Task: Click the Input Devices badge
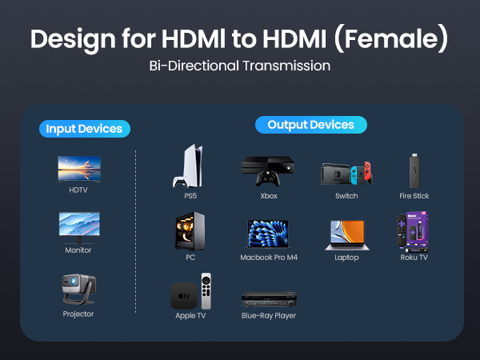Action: click(84, 129)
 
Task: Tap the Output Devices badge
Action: click(310, 125)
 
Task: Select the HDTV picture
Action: click(79, 169)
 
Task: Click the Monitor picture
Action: click(79, 227)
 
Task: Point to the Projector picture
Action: click(79, 289)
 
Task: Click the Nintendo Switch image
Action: click(346, 172)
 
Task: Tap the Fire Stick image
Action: click(414, 169)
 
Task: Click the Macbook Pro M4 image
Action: click(269, 232)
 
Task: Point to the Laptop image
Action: click(346, 234)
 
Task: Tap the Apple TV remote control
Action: click(207, 292)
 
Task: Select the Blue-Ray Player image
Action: click(269, 299)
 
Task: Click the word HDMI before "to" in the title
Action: click(197, 38)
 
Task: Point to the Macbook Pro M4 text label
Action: click(269, 258)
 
